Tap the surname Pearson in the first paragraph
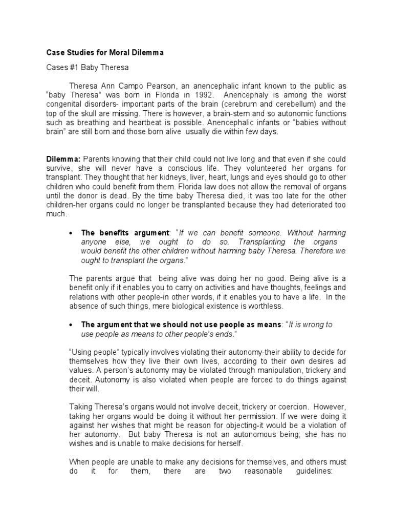coord(162,85)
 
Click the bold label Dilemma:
coord(63,159)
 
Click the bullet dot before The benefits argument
coord(72,233)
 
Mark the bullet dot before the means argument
coord(72,325)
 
